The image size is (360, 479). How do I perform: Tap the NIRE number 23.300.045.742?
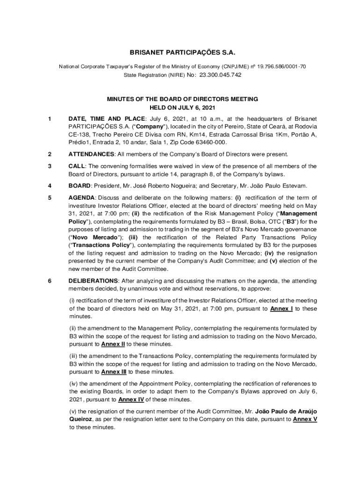pos(220,75)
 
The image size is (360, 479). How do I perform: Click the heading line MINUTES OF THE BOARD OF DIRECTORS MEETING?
pos(182,99)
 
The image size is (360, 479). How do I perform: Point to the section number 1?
pos(50,118)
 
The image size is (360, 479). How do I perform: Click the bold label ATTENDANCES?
pos(91,154)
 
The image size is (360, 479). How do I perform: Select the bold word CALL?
pos(76,166)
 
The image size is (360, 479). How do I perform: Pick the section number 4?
pos(50,186)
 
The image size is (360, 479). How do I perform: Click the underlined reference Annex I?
pos(281,309)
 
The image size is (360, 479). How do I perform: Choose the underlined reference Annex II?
pos(113,344)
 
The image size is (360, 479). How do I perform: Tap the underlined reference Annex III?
pos(114,372)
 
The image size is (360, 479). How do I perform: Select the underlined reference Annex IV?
pos(131,399)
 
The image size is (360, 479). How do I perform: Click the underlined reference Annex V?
pos(305,419)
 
